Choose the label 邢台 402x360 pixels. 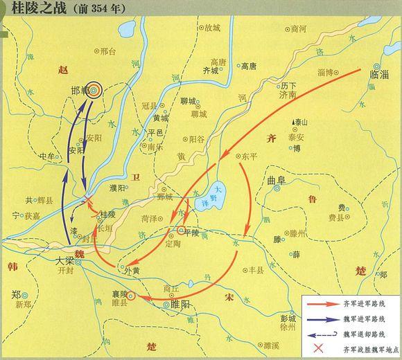[x=107, y=51]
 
